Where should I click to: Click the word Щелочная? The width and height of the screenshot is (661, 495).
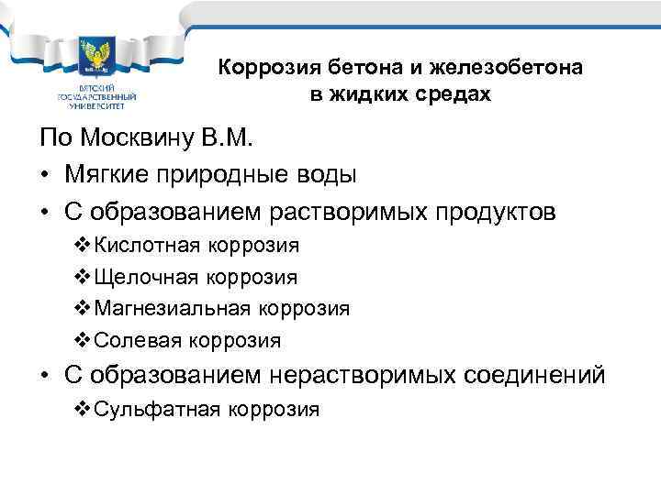tap(146, 278)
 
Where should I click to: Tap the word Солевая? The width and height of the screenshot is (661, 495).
tap(138, 341)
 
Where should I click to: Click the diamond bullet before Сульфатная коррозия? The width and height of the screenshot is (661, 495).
tap(81, 409)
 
